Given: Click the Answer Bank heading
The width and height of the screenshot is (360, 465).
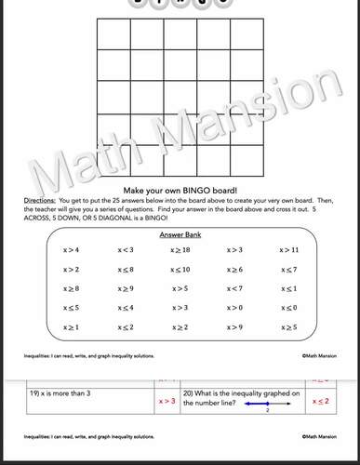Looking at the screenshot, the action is pyautogui.click(x=180, y=235).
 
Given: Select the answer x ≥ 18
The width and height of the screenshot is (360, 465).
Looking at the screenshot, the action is pyautogui.click(x=180, y=250).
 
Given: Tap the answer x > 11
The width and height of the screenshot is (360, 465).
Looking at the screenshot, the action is pyautogui.click(x=288, y=250).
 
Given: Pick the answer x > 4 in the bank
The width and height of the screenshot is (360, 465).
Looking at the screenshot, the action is pyautogui.click(x=71, y=250).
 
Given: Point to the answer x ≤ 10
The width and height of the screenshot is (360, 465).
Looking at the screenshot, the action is pyautogui.click(x=180, y=270).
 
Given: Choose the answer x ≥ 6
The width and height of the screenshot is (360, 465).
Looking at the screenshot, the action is pyautogui.click(x=234, y=270).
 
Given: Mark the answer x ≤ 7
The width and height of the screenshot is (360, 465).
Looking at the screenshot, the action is pyautogui.click(x=288, y=270).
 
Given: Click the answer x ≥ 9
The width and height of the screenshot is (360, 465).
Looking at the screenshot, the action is pyautogui.click(x=126, y=288).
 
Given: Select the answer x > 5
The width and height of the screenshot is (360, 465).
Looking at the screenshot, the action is pyautogui.click(x=180, y=288).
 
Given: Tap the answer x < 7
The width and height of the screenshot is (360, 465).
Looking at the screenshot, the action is pyautogui.click(x=234, y=288).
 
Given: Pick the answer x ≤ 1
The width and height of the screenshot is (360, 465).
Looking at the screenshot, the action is pyautogui.click(x=288, y=288).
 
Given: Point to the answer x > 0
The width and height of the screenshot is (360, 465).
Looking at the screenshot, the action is pyautogui.click(x=234, y=308).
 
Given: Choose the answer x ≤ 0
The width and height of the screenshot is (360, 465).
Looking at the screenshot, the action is pyautogui.click(x=288, y=308).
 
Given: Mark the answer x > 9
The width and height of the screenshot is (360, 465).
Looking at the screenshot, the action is pyautogui.click(x=234, y=327).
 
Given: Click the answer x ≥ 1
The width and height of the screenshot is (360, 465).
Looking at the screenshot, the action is pyautogui.click(x=71, y=327).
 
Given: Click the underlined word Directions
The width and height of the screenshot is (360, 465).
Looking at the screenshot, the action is pyautogui.click(x=39, y=200).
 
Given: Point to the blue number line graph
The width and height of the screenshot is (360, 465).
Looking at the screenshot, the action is pyautogui.click(x=265, y=403).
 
